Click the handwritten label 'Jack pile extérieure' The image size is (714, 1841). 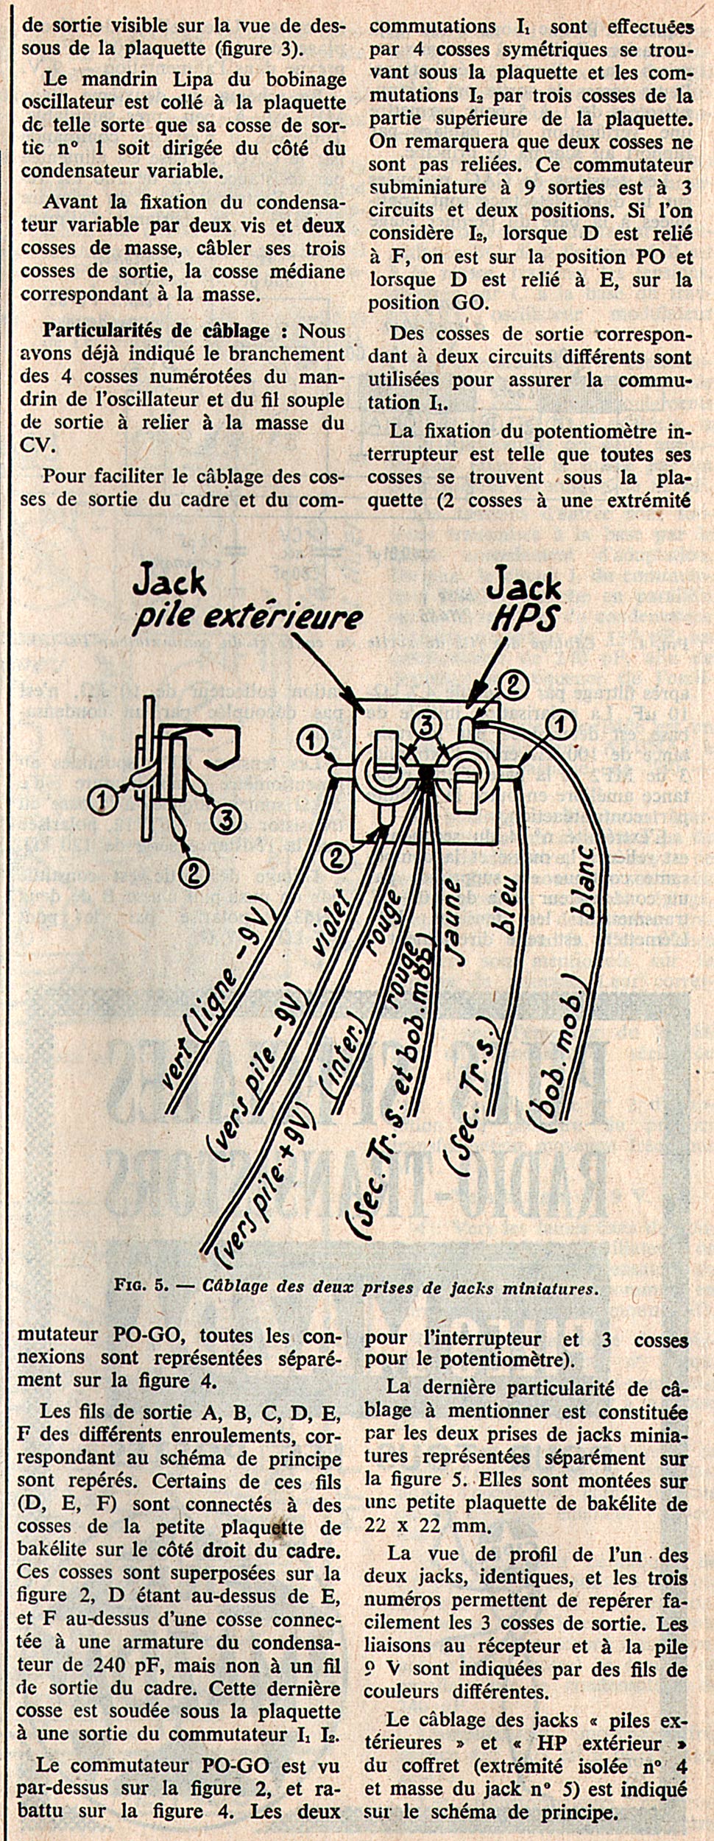point(247,602)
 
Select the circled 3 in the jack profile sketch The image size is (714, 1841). point(227,817)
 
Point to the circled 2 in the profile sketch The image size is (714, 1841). point(192,874)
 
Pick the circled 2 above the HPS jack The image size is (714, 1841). point(513,686)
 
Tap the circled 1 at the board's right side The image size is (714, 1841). point(562,726)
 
